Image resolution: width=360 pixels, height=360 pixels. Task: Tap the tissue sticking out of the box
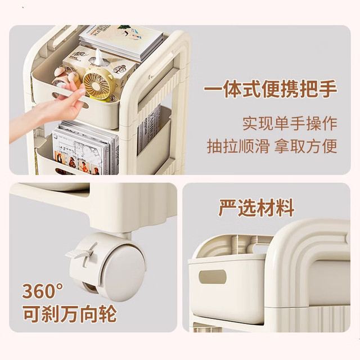[x=98, y=56]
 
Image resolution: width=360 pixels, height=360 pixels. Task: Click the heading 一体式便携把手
[x=270, y=89]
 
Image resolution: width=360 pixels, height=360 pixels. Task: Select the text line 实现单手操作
[x=290, y=124]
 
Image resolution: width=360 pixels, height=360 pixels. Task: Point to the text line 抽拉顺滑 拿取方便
[x=272, y=146]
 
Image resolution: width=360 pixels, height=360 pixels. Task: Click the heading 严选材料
[x=256, y=208]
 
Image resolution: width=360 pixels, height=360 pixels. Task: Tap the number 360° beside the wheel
[x=43, y=291]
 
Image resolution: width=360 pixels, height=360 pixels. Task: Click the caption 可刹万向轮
[x=70, y=314]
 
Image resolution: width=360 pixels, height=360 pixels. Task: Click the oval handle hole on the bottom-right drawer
[x=213, y=277]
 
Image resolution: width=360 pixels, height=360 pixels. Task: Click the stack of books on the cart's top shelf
[x=121, y=41]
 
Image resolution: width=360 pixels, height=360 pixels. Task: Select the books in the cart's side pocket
[x=148, y=129]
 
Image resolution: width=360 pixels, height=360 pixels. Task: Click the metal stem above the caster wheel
[x=125, y=236]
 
